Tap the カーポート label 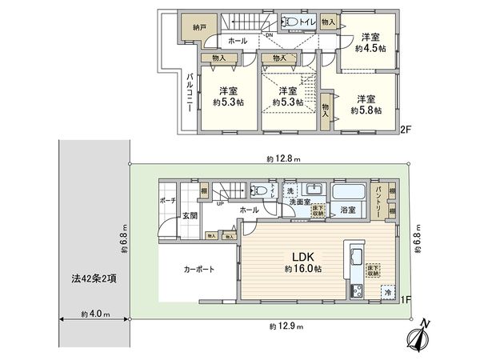[x=199, y=270]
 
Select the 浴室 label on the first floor [x=348, y=211]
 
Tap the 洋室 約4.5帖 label [x=370, y=42]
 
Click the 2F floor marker [x=406, y=128]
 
